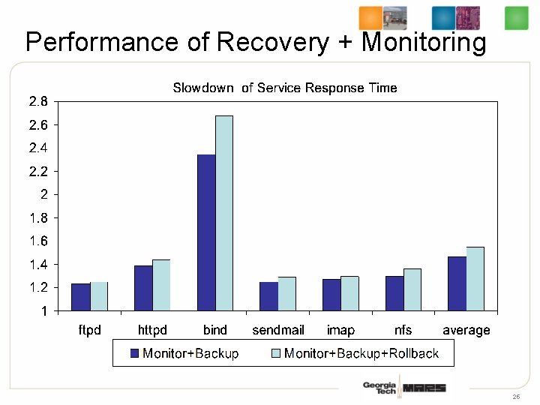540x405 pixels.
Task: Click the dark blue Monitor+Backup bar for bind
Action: (206, 232)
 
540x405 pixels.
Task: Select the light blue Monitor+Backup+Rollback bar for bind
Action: (224, 213)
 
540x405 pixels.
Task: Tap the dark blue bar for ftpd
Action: (80, 297)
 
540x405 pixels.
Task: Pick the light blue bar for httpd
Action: (161, 285)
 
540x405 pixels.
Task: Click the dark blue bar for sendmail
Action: (268, 296)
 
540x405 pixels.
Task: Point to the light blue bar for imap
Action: (349, 293)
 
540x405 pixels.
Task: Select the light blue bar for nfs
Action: (412, 289)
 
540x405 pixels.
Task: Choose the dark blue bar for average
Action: (457, 283)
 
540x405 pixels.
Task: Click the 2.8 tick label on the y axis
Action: (38, 101)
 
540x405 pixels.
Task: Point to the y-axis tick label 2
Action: (44, 194)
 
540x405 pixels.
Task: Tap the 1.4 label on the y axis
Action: (38, 264)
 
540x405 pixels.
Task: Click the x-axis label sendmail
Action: (278, 330)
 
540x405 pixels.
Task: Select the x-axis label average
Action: (466, 330)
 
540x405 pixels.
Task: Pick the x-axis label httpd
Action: (152, 330)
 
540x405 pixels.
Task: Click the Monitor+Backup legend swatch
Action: (135, 353)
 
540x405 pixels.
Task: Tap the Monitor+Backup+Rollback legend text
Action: (361, 353)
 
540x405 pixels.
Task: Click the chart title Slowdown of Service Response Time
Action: (285, 88)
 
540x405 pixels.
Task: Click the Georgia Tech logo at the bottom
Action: (379, 388)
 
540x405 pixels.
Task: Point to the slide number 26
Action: (516, 396)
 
